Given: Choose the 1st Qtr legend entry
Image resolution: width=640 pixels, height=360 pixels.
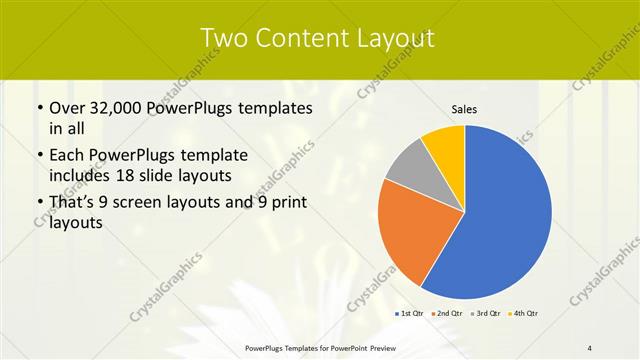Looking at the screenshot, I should coord(409,314).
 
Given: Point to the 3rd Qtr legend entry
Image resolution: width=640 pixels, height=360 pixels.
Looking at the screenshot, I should coord(486,314).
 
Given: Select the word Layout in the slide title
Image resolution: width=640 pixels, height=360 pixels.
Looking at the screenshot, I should coord(390,38).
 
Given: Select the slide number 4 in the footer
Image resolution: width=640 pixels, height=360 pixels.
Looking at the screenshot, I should coord(590,348).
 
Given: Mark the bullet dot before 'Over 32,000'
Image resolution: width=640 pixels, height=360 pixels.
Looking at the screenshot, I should coord(38,109).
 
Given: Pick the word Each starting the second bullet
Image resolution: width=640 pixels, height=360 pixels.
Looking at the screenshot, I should coord(68,156).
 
